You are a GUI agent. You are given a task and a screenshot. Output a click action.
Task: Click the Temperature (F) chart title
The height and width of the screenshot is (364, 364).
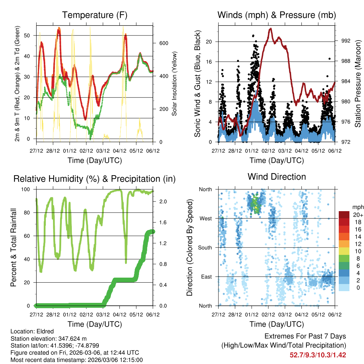point(95,15)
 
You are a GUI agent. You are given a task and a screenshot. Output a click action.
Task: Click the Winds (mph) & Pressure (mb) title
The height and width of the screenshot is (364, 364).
point(277,15)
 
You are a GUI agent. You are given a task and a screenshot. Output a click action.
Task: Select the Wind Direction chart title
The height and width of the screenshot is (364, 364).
point(277,177)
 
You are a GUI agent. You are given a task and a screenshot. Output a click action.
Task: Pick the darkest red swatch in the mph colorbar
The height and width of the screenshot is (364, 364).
point(344,214)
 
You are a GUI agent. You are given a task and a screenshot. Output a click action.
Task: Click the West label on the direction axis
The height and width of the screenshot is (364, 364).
point(205,218)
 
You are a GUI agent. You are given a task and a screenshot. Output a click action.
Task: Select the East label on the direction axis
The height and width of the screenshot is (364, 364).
point(206,277)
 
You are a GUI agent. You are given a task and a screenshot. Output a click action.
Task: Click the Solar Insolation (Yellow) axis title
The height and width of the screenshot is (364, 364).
point(175,84)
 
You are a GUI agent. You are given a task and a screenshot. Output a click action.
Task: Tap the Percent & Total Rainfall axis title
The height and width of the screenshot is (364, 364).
point(14,247)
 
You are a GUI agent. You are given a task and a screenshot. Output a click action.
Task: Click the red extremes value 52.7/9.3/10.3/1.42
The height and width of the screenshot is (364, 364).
point(318,355)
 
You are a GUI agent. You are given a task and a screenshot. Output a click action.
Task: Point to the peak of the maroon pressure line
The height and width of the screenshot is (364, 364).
point(271,28)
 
